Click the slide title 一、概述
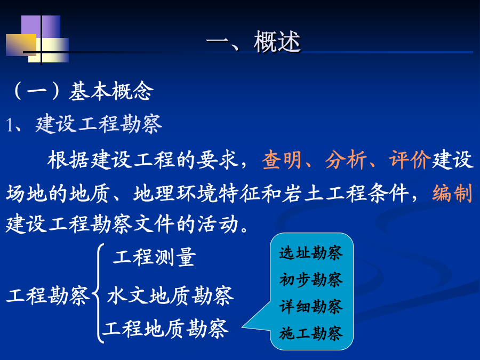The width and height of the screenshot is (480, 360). [253, 42]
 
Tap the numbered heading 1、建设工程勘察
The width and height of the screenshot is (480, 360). [84, 124]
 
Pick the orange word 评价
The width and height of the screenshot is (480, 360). [410, 159]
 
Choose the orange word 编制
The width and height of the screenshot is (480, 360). [452, 193]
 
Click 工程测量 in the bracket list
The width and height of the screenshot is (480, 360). [154, 257]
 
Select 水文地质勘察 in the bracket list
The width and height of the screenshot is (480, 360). [170, 295]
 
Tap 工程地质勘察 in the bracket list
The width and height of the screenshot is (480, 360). [166, 329]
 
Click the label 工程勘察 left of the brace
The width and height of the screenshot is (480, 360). [48, 295]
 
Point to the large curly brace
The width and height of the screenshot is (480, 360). [98, 293]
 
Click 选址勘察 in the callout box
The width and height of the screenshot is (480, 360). [311, 253]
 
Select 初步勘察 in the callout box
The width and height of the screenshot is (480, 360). [311, 279]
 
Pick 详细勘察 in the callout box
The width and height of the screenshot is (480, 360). [311, 307]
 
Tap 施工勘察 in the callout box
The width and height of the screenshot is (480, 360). [311, 333]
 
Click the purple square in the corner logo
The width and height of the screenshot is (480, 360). [41, 26]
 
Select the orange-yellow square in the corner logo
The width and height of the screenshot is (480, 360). [21, 45]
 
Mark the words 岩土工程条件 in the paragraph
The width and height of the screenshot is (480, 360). [346, 193]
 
